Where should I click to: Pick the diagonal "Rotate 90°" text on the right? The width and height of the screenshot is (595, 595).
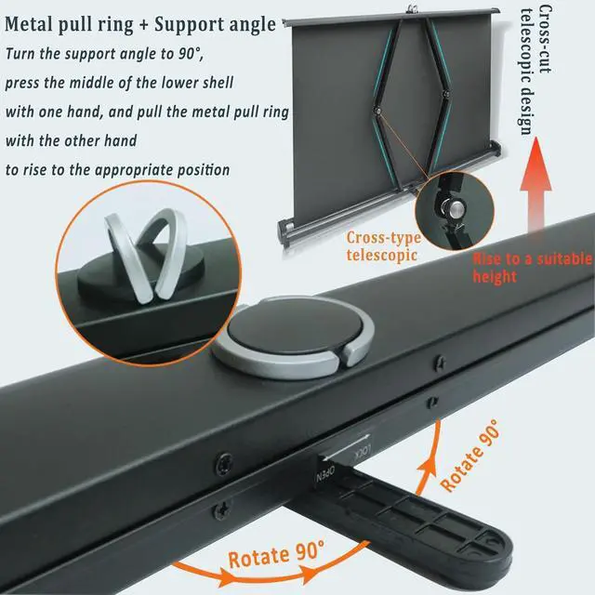tap(469, 455)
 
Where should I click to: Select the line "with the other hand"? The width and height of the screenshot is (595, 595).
tap(72, 142)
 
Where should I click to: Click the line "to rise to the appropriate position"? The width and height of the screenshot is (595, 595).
tap(117, 171)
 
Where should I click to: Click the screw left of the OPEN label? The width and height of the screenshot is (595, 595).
tap(224, 459)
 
